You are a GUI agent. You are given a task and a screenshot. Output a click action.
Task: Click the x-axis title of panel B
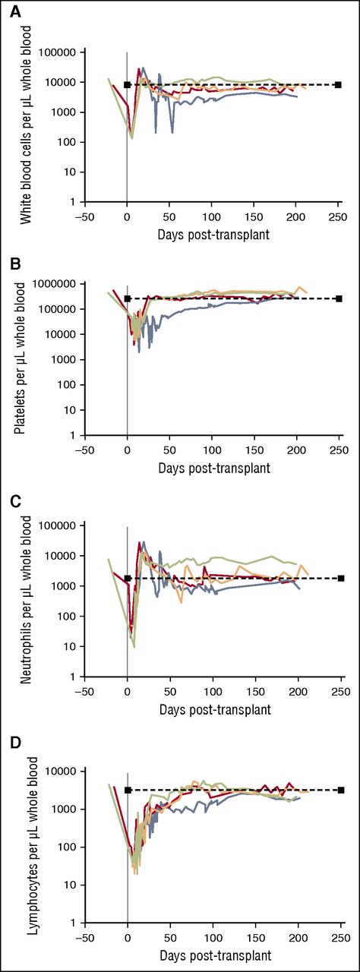(x=213, y=467)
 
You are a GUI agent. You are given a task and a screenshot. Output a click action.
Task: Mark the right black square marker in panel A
(x=339, y=85)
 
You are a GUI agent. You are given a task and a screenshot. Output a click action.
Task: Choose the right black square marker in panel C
(x=341, y=579)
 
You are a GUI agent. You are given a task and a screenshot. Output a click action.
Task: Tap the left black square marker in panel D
(x=128, y=791)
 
